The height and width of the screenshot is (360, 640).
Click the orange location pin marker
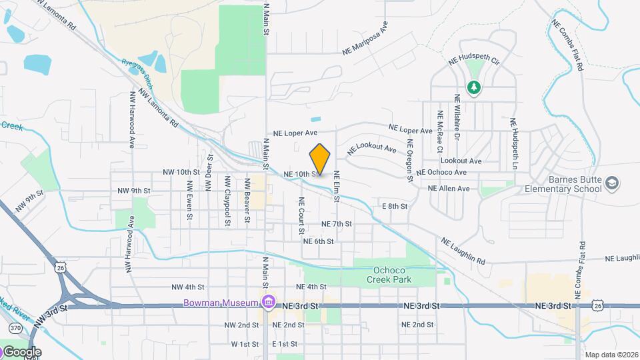(x=320, y=159)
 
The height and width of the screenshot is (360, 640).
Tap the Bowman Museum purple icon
(x=268, y=303)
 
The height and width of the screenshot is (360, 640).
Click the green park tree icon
(x=473, y=87)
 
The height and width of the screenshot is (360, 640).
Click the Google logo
(x=21, y=351)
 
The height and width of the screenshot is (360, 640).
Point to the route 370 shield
(x=15, y=327)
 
